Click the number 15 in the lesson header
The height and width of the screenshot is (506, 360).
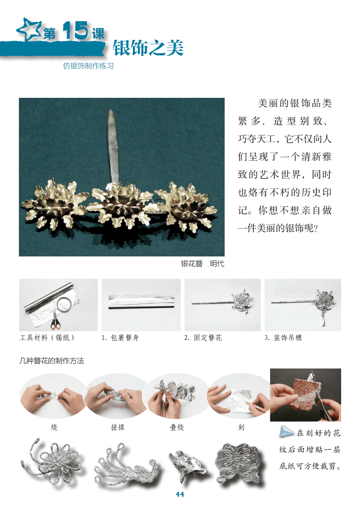tap(75, 31)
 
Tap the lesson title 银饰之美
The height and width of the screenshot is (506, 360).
tap(148, 48)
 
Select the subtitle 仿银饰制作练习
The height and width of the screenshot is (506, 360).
tap(88, 66)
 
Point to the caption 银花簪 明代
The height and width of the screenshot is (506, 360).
tap(202, 264)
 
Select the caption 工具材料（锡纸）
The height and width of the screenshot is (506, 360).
tap(47, 338)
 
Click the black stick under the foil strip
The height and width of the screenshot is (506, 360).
tap(142, 308)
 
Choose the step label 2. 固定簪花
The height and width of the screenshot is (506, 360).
tap(203, 338)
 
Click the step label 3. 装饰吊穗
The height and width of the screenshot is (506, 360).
tap(283, 338)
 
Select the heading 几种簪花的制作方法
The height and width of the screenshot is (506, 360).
tap(52, 361)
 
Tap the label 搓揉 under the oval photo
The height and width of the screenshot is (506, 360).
tap(118, 427)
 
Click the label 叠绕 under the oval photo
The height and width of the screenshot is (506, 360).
tap(177, 427)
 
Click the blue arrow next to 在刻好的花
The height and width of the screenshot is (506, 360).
tap(286, 431)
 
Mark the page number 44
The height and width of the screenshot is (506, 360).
tap(180, 494)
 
